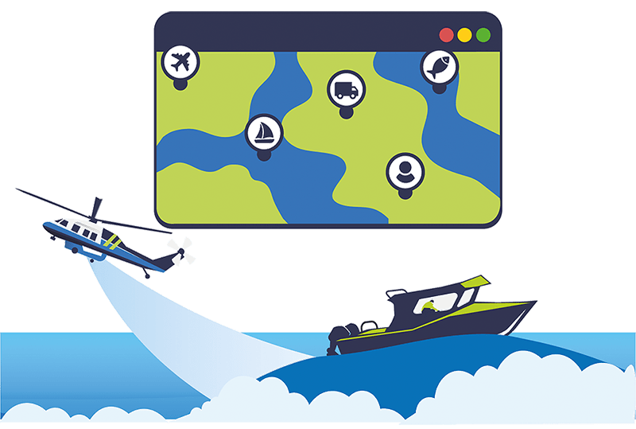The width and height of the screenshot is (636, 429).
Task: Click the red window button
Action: click(x=446, y=35)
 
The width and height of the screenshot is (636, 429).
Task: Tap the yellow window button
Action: click(x=464, y=35)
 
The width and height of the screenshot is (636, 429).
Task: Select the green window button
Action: click(x=483, y=35)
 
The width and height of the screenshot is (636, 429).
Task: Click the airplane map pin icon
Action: click(x=181, y=61)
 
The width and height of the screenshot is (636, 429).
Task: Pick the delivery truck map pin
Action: click(x=346, y=88)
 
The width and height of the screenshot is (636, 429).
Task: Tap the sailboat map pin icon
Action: click(x=263, y=132)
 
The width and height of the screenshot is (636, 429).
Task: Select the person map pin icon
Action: click(x=405, y=170)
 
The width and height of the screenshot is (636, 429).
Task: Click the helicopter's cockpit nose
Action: click(x=49, y=228)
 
